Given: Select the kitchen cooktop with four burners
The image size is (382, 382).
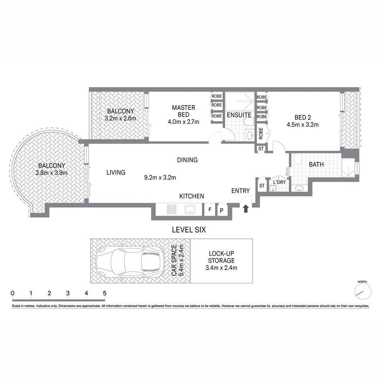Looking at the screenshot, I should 171,209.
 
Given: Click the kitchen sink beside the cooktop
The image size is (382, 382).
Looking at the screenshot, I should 190,210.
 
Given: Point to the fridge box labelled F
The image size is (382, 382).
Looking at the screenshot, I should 210,210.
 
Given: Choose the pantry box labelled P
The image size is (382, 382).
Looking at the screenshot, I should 222,210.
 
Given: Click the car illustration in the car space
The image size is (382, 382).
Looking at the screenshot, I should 130,261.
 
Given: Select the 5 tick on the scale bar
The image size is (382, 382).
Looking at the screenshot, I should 104,293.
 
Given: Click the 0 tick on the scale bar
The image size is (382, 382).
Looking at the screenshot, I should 13,293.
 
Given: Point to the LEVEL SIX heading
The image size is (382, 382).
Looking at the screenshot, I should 189,230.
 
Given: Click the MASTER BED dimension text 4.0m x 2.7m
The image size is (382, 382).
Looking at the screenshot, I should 184,122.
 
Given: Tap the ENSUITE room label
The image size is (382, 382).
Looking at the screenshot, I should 239,115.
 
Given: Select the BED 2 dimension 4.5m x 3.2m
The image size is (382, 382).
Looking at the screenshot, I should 302,125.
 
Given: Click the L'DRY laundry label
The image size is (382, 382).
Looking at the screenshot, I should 279,182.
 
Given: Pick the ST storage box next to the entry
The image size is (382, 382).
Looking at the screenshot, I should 262,186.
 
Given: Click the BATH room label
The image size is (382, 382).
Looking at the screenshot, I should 316,164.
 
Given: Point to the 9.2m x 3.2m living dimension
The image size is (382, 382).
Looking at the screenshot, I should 160,178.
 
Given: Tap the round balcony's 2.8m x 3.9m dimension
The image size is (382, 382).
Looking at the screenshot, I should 52,173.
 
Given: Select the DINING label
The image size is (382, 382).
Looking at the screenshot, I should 187,160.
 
